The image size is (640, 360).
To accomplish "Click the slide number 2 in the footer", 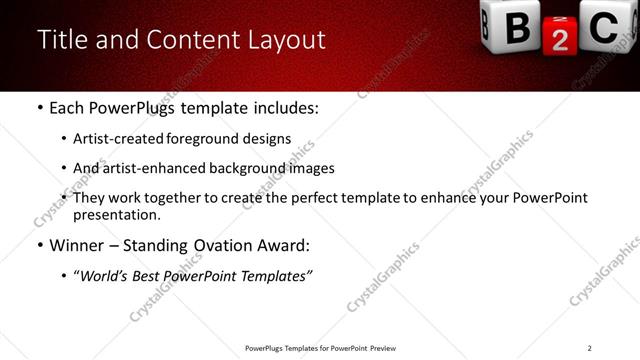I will [x=590, y=347].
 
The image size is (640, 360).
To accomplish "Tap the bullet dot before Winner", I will [x=39, y=246].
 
